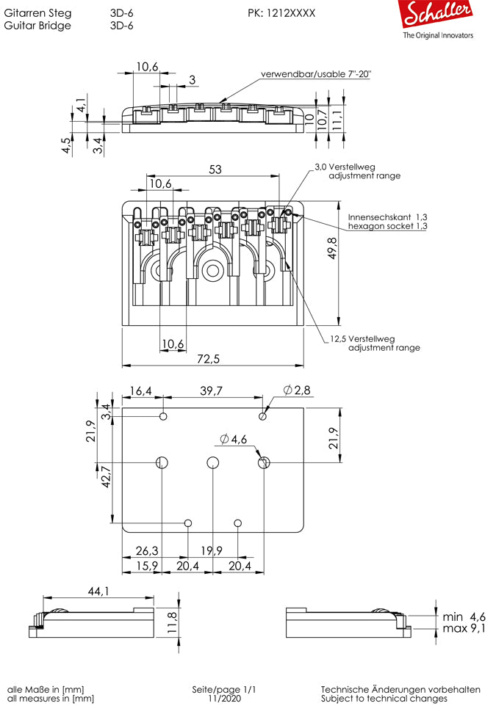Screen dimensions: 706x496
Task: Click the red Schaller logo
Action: click(x=437, y=16)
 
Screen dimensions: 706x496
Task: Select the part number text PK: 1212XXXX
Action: click(x=281, y=13)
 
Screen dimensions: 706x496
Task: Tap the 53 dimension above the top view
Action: click(x=215, y=170)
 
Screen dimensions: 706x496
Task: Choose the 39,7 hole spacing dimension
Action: click(x=211, y=391)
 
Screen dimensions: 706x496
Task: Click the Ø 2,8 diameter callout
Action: click(x=297, y=389)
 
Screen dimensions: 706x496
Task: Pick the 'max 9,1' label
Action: click(x=464, y=628)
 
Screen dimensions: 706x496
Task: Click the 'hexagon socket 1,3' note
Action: click(x=387, y=227)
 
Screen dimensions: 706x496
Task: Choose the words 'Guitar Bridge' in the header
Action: click(x=37, y=25)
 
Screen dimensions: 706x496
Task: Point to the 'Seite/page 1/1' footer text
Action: click(x=224, y=689)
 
